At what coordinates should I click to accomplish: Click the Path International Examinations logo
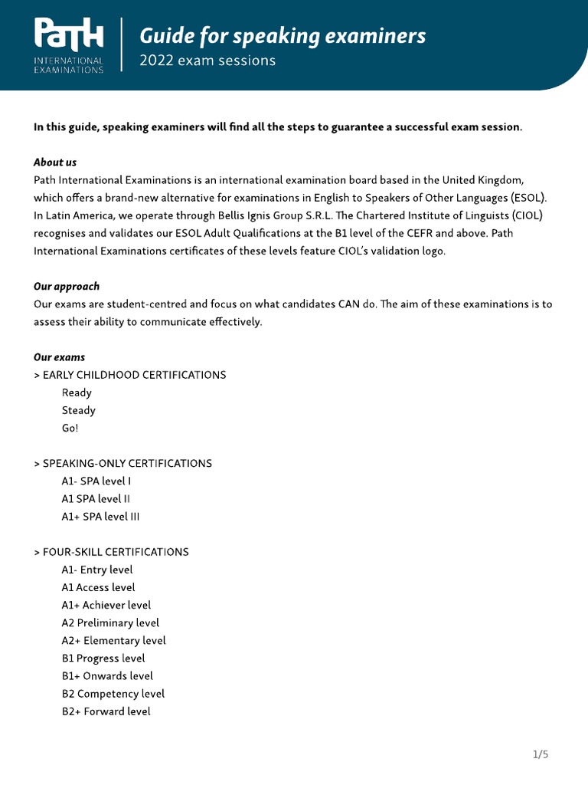click(x=69, y=46)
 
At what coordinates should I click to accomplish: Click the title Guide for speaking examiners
click(x=283, y=35)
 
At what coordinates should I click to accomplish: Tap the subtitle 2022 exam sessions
click(x=207, y=61)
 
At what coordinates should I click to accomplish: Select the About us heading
click(x=55, y=163)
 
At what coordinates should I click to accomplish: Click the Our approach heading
click(x=67, y=286)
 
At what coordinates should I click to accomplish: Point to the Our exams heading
click(x=60, y=357)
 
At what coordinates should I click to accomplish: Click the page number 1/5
click(x=541, y=754)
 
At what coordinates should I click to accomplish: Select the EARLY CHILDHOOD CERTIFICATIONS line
click(x=130, y=375)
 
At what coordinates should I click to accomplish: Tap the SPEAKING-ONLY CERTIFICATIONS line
click(x=123, y=464)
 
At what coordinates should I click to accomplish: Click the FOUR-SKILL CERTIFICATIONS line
click(x=112, y=552)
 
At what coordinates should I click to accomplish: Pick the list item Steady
click(x=79, y=410)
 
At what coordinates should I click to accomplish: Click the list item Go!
click(x=70, y=428)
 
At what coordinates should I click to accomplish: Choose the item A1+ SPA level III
click(x=101, y=517)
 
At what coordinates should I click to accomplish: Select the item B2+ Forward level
click(x=106, y=711)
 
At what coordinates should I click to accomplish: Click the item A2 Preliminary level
click(x=111, y=622)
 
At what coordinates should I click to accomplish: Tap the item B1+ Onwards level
click(x=107, y=676)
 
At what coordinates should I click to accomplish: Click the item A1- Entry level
click(x=97, y=570)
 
